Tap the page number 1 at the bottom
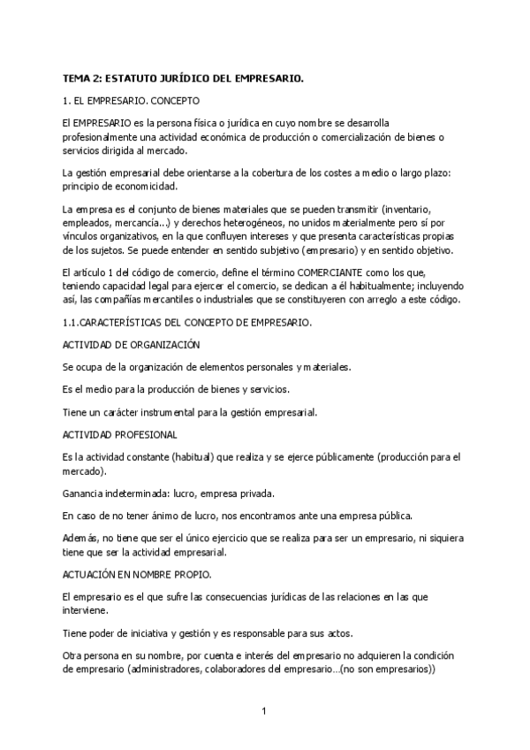coord(264,710)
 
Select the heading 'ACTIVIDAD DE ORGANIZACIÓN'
coord(131,344)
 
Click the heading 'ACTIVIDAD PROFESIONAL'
coord(120,434)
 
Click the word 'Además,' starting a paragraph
coord(82,539)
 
